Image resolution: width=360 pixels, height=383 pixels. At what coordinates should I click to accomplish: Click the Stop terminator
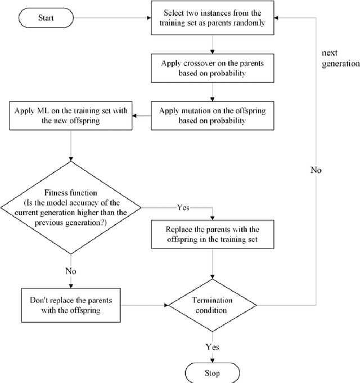click(213, 373)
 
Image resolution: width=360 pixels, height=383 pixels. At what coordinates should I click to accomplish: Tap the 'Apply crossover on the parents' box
click(212, 68)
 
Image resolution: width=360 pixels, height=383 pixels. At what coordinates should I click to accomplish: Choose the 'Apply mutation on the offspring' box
click(212, 115)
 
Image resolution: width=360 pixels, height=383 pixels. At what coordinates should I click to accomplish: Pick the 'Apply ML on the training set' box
click(70, 115)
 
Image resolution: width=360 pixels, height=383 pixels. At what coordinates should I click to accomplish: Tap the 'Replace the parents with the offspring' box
click(212, 234)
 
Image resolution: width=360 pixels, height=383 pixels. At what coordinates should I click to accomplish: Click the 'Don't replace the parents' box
click(70, 305)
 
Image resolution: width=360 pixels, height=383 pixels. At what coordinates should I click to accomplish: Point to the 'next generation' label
click(340, 58)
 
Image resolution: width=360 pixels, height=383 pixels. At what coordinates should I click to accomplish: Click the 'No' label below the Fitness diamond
click(70, 271)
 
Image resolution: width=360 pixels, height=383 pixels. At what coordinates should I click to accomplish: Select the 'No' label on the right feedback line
click(316, 169)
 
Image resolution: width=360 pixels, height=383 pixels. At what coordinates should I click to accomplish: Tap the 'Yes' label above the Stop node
click(213, 347)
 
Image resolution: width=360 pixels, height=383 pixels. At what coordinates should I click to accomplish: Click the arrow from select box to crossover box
click(212, 43)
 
